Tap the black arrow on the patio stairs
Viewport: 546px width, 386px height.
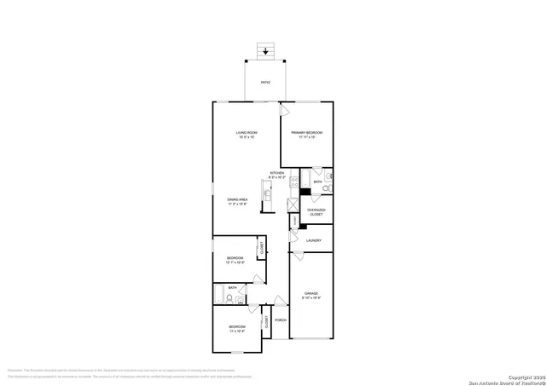(x=266, y=51)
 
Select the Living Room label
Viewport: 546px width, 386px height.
(x=247, y=135)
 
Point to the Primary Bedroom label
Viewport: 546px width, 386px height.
(x=306, y=135)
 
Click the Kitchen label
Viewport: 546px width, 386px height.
(x=277, y=175)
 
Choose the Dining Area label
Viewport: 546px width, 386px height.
(x=237, y=202)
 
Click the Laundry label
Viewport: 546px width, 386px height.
(x=313, y=241)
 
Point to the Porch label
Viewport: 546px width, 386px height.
(x=280, y=320)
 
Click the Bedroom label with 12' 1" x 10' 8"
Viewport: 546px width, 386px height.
(x=235, y=260)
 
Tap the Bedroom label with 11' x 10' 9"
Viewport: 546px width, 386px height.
(x=236, y=329)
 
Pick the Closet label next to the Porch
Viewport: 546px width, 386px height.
(x=267, y=321)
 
